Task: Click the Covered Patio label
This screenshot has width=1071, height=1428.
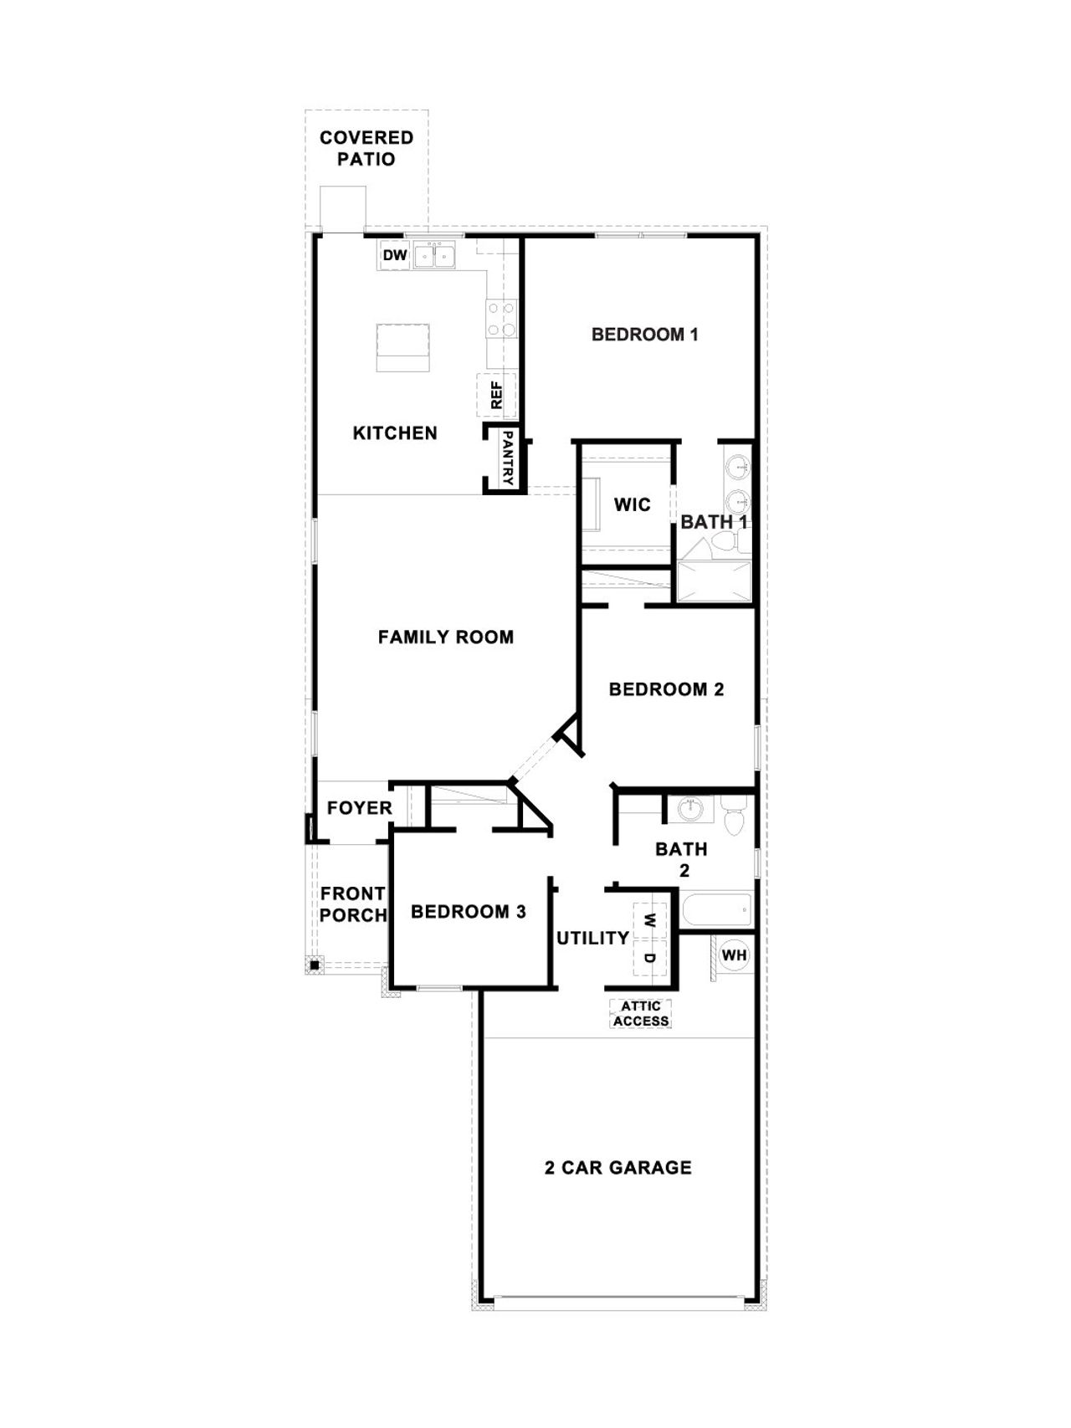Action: [366, 148]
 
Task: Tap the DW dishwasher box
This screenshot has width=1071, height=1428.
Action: [394, 255]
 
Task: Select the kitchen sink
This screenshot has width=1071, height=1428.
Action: [435, 255]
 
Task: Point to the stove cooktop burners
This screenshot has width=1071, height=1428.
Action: [501, 319]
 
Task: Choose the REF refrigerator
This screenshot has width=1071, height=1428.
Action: [496, 395]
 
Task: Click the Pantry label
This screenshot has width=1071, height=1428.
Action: [507, 458]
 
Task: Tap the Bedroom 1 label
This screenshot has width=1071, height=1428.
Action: [644, 335]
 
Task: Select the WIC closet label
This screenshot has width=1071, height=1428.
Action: [632, 504]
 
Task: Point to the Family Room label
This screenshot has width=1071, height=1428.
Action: [445, 637]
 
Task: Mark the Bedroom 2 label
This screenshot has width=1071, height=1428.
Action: [666, 689]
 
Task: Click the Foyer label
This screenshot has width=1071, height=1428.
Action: [359, 808]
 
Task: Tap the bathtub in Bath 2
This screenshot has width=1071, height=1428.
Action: [716, 909]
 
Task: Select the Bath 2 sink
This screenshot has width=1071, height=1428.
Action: [691, 809]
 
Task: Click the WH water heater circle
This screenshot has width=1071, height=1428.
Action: [734, 955]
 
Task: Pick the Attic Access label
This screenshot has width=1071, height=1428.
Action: [641, 1013]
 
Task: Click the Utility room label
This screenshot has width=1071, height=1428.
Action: [592, 939]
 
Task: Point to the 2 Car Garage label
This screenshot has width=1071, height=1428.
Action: [617, 1168]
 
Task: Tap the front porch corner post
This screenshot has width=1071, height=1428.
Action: [314, 965]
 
